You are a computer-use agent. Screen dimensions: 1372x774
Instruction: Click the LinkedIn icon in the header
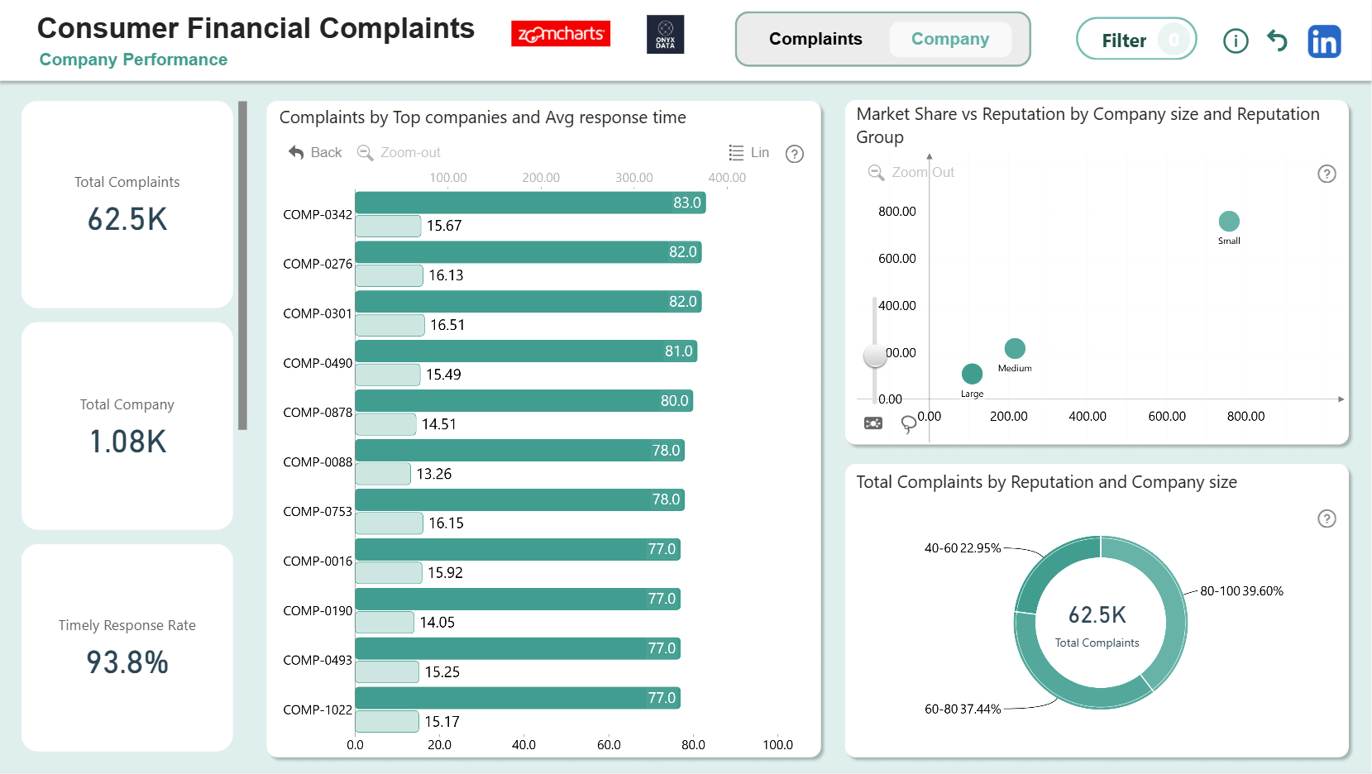pyautogui.click(x=1324, y=41)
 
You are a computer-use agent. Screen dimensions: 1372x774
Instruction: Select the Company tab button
pyautogui.click(x=950, y=39)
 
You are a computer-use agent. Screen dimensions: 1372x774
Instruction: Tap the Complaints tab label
pyautogui.click(x=815, y=39)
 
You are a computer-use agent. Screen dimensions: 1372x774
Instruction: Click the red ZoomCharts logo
pyautogui.click(x=561, y=34)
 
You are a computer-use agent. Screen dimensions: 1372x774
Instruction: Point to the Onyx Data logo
pyautogui.click(x=665, y=34)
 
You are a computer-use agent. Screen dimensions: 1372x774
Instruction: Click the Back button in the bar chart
pyautogui.click(x=315, y=152)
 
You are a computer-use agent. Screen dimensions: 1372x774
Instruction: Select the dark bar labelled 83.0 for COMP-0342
pyautogui.click(x=530, y=203)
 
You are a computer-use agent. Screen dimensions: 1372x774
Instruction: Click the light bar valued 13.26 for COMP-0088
pyautogui.click(x=383, y=473)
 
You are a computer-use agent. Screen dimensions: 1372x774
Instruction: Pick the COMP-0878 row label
pyautogui.click(x=318, y=413)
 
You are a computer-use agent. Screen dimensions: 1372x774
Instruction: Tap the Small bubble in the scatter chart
pyautogui.click(x=1229, y=221)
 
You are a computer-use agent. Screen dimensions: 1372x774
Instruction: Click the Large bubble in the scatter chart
pyautogui.click(x=972, y=374)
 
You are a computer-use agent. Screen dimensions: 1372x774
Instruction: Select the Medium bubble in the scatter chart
pyautogui.click(x=1015, y=349)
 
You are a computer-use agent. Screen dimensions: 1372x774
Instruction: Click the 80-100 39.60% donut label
pyautogui.click(x=1241, y=591)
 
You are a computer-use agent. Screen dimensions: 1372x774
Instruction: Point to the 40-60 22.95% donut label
pyautogui.click(x=963, y=548)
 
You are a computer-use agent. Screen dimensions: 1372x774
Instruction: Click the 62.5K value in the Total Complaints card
pyautogui.click(x=127, y=219)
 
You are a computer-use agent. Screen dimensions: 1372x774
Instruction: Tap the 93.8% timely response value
pyautogui.click(x=127, y=662)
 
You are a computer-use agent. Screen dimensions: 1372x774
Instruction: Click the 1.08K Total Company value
pyautogui.click(x=127, y=442)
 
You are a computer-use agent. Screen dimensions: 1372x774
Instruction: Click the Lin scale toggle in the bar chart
pyautogui.click(x=749, y=152)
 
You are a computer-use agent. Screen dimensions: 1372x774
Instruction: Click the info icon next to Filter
pyautogui.click(x=1236, y=41)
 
